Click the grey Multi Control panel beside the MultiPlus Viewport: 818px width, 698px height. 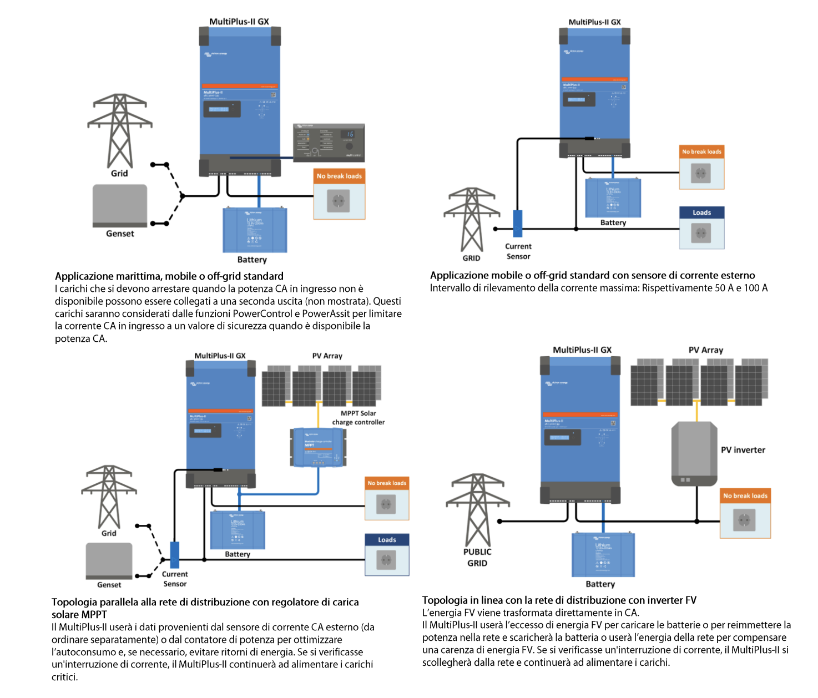coord(329,141)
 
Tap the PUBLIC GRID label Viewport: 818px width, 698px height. coord(477,557)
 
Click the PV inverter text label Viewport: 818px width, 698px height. coord(743,450)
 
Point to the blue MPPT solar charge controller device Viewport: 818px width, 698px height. coord(318,447)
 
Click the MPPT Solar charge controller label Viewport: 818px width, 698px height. coord(358,418)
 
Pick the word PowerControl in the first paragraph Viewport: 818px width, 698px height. coord(262,313)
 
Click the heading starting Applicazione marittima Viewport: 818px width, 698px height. coord(169,276)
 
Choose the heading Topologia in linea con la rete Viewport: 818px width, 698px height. coord(559,600)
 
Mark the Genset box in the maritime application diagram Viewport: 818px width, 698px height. coord(120,206)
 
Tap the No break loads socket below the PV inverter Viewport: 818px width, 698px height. coord(745,520)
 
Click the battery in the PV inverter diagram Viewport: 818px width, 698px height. coord(603,555)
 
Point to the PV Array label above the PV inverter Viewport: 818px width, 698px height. coord(705,350)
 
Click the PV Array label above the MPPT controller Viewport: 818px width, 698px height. coord(327,356)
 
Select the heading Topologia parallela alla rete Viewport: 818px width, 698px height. coord(205,602)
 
